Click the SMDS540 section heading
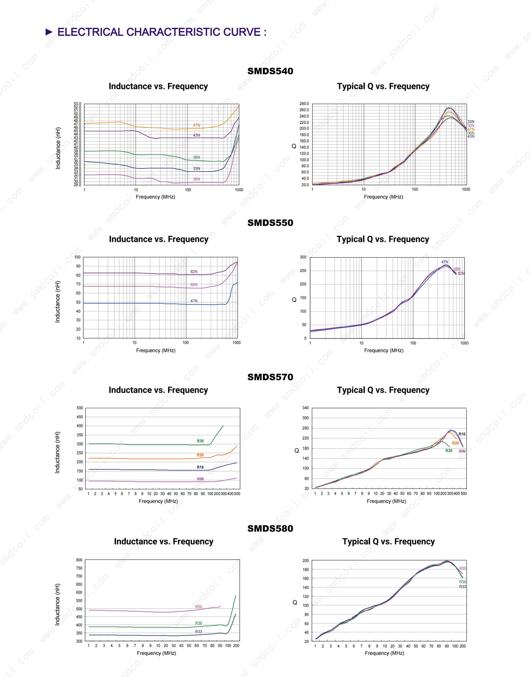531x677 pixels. (270, 71)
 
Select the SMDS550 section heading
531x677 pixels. (270, 223)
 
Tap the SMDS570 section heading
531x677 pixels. (270, 377)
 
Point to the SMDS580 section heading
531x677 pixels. (270, 529)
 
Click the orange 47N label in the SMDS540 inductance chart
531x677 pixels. (196, 125)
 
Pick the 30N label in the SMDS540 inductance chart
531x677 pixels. (196, 179)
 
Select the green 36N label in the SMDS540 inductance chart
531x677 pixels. (196, 157)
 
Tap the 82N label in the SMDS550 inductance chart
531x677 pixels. (194, 272)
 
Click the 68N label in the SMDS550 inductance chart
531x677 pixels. (194, 285)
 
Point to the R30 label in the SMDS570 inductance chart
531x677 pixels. (200, 441)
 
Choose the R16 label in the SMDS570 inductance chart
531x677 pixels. (200, 467)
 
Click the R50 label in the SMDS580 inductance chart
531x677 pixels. (199, 607)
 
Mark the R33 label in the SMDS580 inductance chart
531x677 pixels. (199, 632)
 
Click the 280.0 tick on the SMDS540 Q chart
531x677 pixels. (304, 104)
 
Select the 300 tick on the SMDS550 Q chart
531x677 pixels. (303, 257)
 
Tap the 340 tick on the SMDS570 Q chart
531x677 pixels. (306, 408)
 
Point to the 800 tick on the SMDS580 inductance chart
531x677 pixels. (79, 560)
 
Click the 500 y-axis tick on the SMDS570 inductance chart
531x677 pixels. (80, 408)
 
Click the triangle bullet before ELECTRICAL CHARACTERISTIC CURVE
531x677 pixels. (49, 32)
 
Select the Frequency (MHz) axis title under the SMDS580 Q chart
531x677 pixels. (384, 653)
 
